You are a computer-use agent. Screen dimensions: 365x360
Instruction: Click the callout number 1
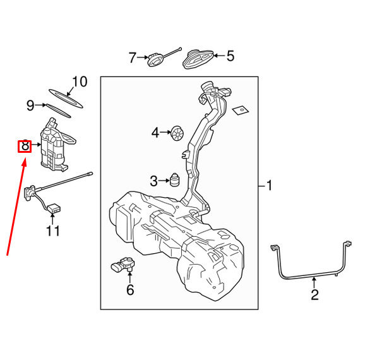(269, 186)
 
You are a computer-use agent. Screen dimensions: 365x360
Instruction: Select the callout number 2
(314, 294)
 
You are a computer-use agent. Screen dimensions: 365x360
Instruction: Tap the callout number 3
(153, 181)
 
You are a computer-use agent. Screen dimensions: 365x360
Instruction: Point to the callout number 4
(155, 133)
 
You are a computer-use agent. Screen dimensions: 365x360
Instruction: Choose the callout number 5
(230, 56)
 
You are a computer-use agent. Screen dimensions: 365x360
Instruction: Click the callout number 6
(130, 290)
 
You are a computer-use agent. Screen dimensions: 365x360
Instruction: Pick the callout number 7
(133, 57)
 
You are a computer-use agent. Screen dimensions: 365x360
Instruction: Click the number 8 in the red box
(25, 146)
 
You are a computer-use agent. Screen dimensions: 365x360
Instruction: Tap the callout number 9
(30, 105)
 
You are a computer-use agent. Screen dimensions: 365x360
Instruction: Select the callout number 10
(80, 81)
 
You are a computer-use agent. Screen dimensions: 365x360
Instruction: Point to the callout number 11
(53, 231)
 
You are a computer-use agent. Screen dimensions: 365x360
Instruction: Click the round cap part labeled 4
(177, 133)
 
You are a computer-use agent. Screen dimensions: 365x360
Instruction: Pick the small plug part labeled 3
(175, 179)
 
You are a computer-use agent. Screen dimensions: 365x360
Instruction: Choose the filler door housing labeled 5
(198, 59)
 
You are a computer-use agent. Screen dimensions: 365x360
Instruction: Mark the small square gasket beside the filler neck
(241, 111)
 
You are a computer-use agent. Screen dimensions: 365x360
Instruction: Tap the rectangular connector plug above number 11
(54, 208)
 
